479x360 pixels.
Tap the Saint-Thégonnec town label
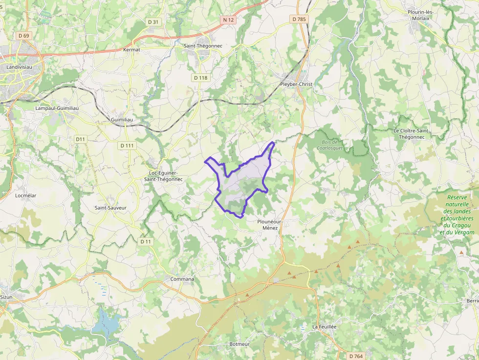tap(202, 46)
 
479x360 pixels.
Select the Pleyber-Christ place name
tap(296, 84)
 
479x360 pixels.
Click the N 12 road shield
tap(228, 20)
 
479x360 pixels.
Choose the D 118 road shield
tap(200, 78)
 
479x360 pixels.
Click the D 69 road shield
tap(23, 36)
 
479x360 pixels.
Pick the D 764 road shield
tap(356, 356)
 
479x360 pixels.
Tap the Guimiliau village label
tap(122, 120)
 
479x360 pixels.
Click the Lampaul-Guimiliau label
tap(57, 108)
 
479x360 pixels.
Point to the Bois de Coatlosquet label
tap(329, 145)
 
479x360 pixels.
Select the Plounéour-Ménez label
tap(270, 225)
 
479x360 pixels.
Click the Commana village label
tap(182, 279)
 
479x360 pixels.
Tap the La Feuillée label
tap(325, 326)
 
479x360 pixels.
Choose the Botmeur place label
tap(239, 344)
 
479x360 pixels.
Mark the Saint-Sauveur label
tap(110, 208)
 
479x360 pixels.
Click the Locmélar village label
tap(26, 195)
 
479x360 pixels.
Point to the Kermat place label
tap(132, 50)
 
